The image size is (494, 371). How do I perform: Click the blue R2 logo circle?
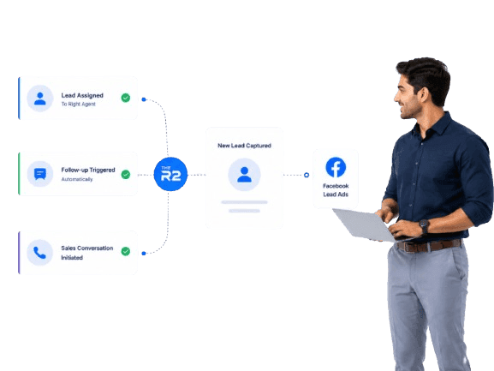tap(170, 174)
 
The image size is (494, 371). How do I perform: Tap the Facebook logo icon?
tap(336, 167)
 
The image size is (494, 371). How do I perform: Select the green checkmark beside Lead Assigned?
tap(126, 98)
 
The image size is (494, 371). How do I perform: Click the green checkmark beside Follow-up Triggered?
tap(126, 174)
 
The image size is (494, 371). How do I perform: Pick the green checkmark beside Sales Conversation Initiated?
tap(126, 251)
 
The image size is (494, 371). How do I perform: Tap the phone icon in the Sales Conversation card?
tap(39, 253)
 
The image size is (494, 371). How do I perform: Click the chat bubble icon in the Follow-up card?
tap(40, 174)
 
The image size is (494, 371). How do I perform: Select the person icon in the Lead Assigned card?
tap(40, 99)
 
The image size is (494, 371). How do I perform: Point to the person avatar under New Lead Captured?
tap(244, 175)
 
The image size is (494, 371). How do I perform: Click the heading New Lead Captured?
tap(245, 146)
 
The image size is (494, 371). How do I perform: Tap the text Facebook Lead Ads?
tap(336, 190)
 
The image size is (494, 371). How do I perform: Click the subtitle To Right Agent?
tap(78, 104)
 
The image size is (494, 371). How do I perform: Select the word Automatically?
tap(77, 179)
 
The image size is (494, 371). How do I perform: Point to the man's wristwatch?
tap(424, 226)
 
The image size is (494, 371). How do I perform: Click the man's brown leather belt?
tap(430, 245)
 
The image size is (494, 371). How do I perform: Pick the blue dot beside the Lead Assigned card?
tap(144, 99)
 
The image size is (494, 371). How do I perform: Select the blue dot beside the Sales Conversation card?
tap(144, 253)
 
